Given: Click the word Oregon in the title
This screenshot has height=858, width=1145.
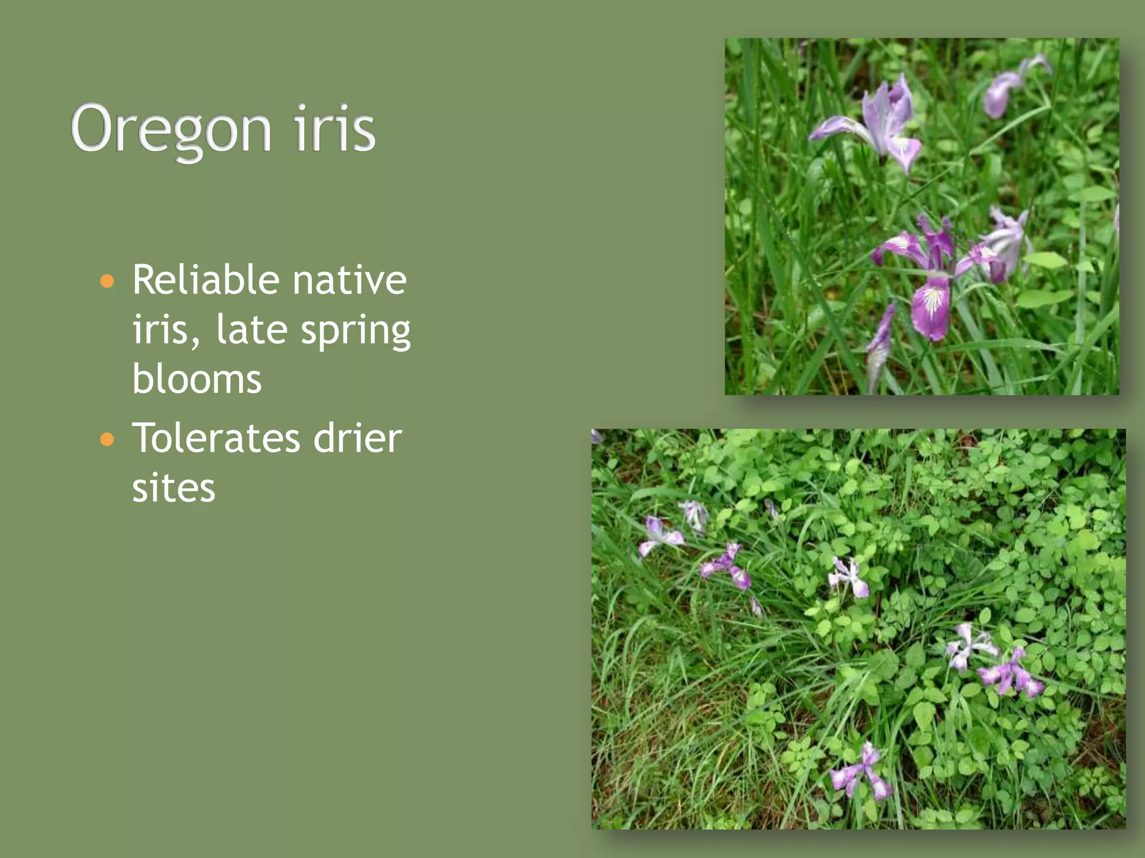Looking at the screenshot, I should [171, 130].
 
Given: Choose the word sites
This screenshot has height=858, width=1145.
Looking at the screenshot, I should [173, 487].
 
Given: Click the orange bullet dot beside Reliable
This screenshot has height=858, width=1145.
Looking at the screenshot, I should [107, 280].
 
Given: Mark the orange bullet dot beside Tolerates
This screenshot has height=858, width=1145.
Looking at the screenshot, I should [107, 440].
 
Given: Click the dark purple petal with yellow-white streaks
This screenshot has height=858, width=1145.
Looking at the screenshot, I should [931, 307].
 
